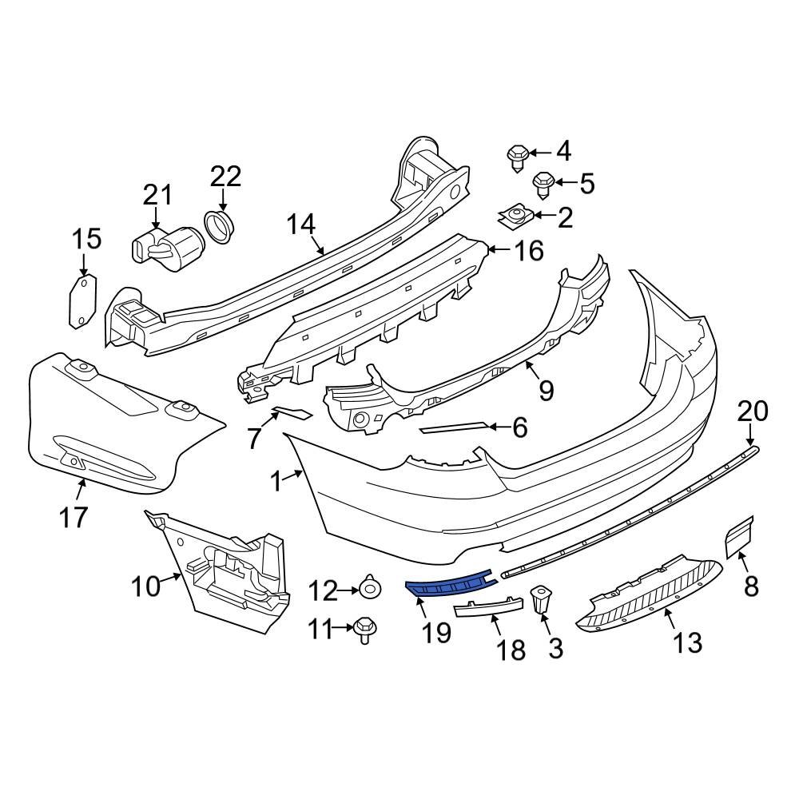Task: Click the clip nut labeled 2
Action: click(515, 214)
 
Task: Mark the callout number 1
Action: click(276, 482)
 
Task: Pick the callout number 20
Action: click(751, 411)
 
